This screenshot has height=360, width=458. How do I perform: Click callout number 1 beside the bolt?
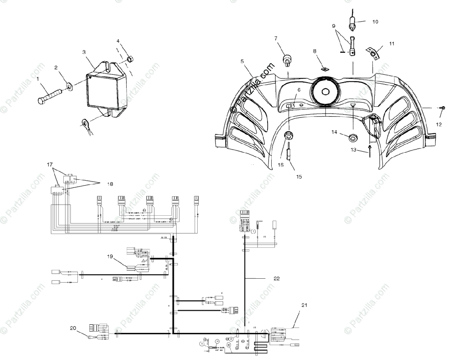tap(38, 80)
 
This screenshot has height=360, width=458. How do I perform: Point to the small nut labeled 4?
tap(129, 59)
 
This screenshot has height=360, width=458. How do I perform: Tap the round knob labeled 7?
tap(287, 59)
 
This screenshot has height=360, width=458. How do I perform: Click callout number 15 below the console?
tap(299, 177)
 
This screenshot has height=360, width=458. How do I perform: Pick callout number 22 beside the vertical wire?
tap(276, 279)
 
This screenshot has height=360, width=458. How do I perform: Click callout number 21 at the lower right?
tap(304, 305)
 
